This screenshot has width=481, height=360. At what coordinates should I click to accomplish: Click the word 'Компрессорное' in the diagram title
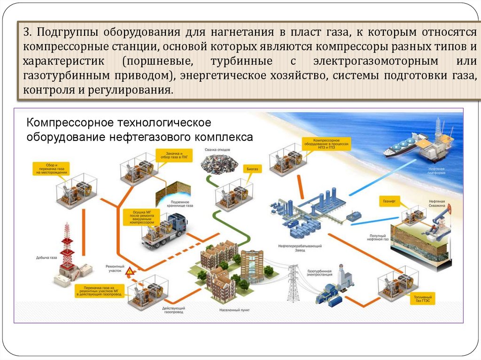point(66,123)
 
